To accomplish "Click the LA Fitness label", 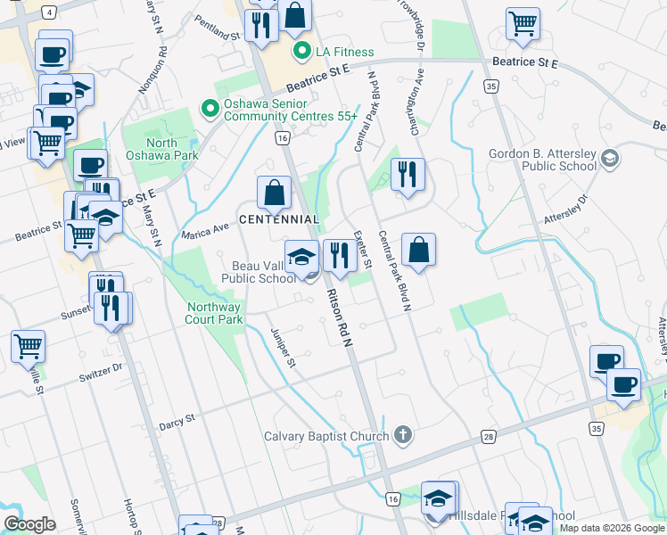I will coord(344,52).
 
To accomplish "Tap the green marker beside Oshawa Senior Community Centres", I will coord(210,110).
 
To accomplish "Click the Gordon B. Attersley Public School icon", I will coord(610,160).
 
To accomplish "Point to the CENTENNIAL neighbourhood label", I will coord(278,219).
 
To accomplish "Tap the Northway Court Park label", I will coord(214,312).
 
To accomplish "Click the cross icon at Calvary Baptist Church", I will coord(403,436).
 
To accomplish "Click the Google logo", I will coord(29,524).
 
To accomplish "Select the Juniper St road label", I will coord(283,349).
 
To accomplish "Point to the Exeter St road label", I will coord(362,251).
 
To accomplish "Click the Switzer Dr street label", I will coord(100,370).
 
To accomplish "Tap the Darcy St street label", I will coord(177,419).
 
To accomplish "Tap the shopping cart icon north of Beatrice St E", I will coord(523,24).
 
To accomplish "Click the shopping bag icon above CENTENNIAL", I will coord(274,192).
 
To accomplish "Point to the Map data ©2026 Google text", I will coord(611,528).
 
